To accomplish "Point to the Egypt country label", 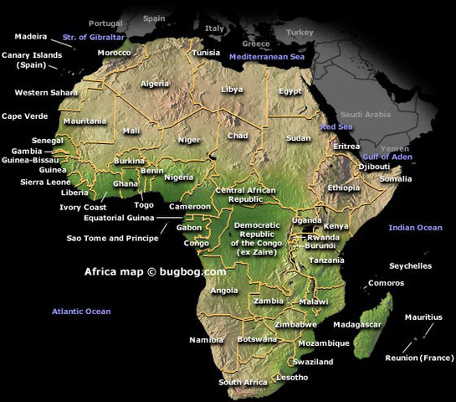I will (x=290, y=90).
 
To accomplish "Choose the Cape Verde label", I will (x=23, y=116).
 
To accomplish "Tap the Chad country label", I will (x=238, y=136).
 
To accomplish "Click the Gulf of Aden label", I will (x=387, y=157).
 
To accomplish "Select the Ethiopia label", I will (x=344, y=188).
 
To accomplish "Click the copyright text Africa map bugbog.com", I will (x=155, y=271).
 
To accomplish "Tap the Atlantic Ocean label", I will (x=81, y=312).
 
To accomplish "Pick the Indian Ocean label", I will (x=415, y=228).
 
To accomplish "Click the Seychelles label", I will (x=411, y=266).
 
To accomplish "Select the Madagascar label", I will (x=357, y=324).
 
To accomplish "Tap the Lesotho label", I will (x=290, y=377).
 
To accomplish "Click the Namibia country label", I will (x=206, y=340).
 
